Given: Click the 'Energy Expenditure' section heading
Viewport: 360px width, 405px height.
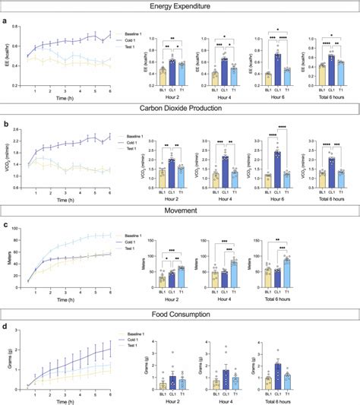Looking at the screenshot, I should coord(180,8).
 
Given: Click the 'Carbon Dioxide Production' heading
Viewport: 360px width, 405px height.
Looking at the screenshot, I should coord(180,109).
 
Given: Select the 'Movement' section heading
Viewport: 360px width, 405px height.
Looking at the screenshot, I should coord(180,210).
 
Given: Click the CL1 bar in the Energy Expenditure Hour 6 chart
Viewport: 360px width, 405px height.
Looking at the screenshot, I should coord(278,68).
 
